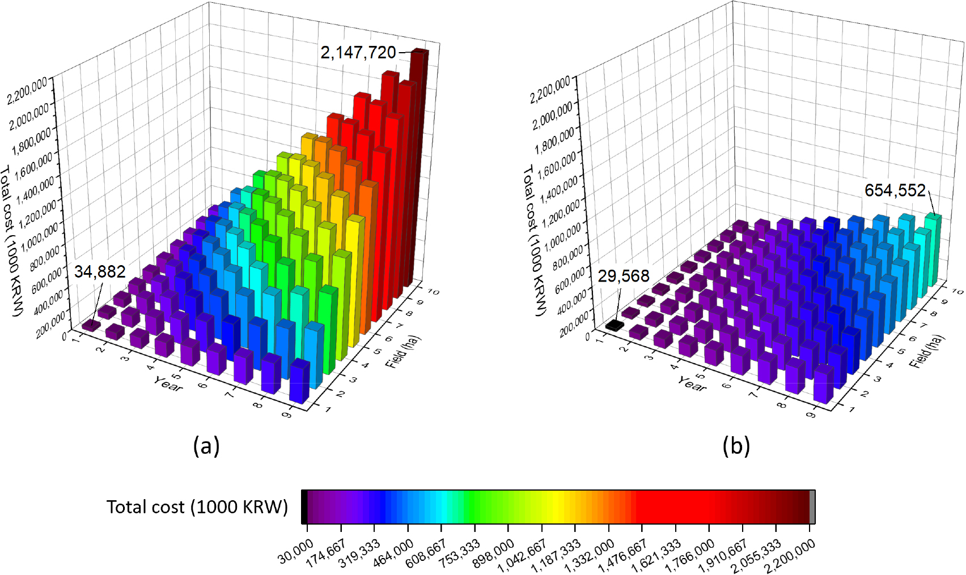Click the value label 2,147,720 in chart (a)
(358, 53)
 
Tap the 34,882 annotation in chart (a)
(100, 272)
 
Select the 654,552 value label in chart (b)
(895, 190)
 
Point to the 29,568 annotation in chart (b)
(623, 276)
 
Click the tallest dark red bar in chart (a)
(420, 159)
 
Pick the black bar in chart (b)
(614, 326)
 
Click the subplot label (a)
(206, 446)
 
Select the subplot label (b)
(736, 446)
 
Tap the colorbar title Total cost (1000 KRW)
(197, 506)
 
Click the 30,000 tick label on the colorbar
(295, 551)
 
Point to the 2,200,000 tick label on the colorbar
(789, 556)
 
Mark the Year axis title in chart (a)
(168, 384)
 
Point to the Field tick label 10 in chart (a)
(433, 292)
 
